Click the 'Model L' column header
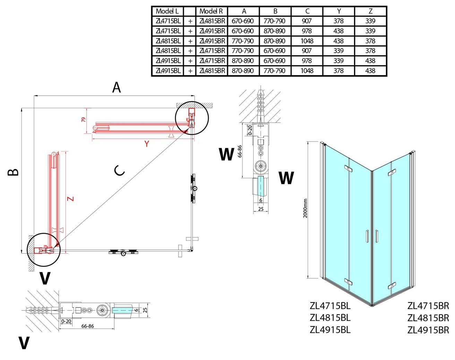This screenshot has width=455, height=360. (167, 11)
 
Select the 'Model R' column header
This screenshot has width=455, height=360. (211, 11)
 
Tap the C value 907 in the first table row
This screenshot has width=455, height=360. (307, 21)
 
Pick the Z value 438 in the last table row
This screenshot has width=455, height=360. (370, 71)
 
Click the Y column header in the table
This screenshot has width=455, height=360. (339, 11)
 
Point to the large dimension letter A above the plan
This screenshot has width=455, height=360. (117, 87)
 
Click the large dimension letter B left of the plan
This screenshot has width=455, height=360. (13, 172)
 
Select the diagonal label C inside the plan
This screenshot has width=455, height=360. (119, 171)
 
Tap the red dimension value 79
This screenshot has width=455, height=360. (84, 120)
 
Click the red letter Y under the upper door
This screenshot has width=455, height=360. (147, 144)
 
